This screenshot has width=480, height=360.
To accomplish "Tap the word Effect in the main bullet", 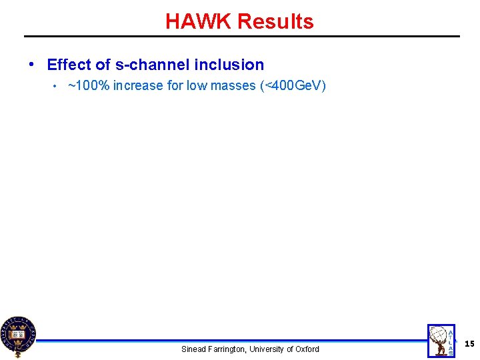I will tap(69, 65).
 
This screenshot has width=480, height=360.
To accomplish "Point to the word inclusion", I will tap(229, 65).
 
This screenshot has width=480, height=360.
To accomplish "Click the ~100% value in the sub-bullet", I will tap(89, 85).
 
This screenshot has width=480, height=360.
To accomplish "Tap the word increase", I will tap(138, 85).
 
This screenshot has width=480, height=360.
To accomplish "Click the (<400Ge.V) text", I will tap(293, 85).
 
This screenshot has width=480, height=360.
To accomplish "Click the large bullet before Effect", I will tap(32, 65).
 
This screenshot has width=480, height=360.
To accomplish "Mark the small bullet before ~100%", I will tap(57, 86).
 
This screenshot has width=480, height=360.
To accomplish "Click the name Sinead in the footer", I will tap(195, 349).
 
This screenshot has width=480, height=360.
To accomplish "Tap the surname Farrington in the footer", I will tap(228, 349).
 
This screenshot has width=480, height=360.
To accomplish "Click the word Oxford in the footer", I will tap(307, 349).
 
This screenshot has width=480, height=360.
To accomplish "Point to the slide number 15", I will tap(469, 343).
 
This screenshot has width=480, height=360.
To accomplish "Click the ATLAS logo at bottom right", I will tap(441, 341).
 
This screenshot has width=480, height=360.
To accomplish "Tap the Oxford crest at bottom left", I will tap(17, 336).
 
